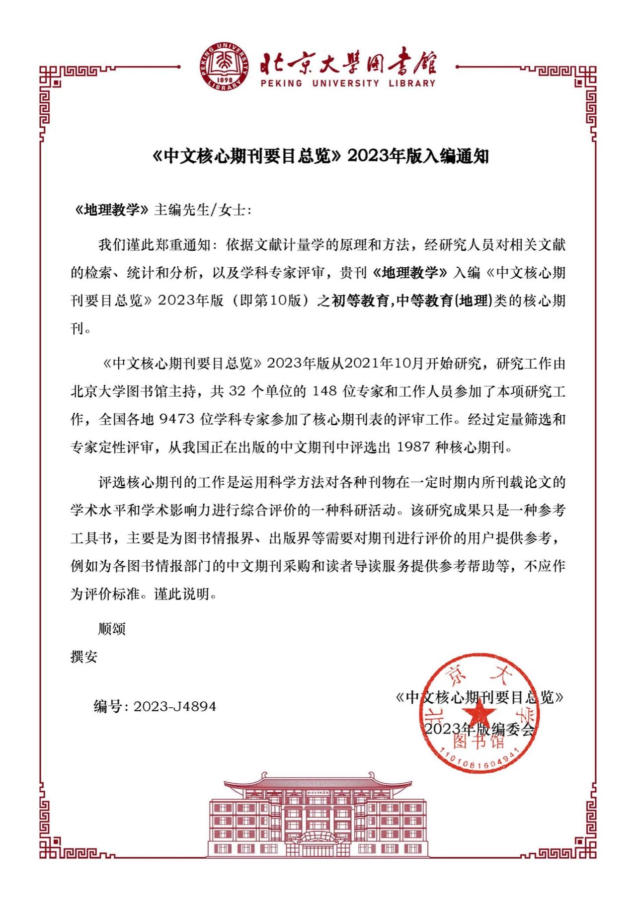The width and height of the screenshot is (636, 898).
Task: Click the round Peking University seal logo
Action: pyautogui.click(x=225, y=67)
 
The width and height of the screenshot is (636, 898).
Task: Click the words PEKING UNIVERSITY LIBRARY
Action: pyautogui.click(x=348, y=83)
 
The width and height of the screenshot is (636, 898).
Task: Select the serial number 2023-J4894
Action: pyautogui.click(x=175, y=706)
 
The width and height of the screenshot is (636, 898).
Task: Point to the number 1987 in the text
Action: pyautogui.click(x=413, y=447)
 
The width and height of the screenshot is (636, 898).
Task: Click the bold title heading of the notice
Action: pyautogui.click(x=320, y=156)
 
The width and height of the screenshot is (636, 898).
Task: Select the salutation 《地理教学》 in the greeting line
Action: pyautogui.click(x=111, y=210)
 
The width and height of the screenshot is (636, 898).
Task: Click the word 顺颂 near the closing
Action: pyautogui.click(x=112, y=629)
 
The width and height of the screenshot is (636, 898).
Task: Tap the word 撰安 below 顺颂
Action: pyautogui.click(x=84, y=657)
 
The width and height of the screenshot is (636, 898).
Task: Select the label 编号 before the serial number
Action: pyautogui.click(x=107, y=706)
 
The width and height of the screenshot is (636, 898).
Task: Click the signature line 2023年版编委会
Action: pyautogui.click(x=479, y=729)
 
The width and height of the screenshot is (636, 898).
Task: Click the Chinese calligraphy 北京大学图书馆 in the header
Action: pyautogui.click(x=348, y=62)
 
